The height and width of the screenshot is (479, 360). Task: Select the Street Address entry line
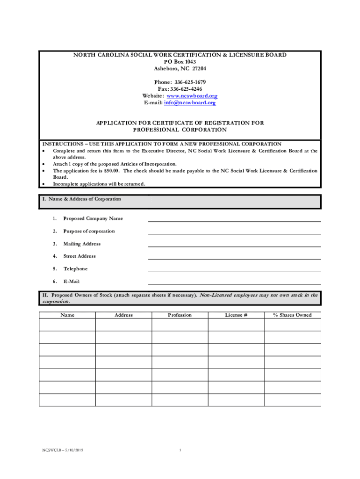click(234, 256)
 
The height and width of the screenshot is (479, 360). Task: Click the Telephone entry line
click(234, 269)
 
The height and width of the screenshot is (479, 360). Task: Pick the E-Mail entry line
click(234, 282)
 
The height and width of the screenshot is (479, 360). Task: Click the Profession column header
click(180, 315)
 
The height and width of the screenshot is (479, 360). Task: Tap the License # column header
click(236, 315)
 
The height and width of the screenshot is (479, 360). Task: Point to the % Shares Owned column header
click(292, 315)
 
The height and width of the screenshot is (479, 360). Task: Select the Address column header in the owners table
click(124, 315)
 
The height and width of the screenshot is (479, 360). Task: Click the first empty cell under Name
click(67, 325)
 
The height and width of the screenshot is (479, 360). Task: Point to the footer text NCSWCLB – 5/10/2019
click(59, 450)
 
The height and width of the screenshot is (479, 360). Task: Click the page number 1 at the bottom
click(180, 450)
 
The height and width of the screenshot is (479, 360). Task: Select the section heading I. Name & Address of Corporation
click(82, 199)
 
